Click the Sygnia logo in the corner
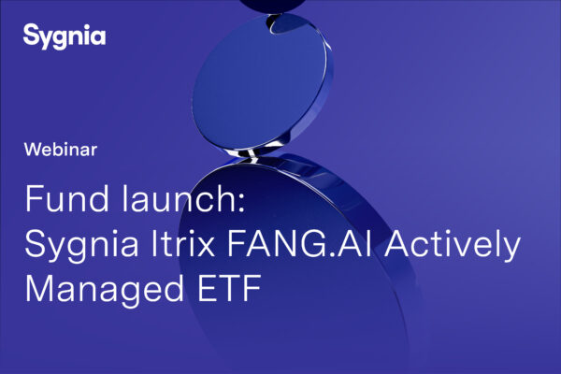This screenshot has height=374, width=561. (65, 36)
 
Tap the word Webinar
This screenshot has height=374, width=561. (61, 150)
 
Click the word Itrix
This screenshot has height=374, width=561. (183, 244)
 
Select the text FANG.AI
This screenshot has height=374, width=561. (299, 244)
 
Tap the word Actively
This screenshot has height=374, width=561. (453, 247)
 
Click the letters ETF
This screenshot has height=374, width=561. (229, 288)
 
